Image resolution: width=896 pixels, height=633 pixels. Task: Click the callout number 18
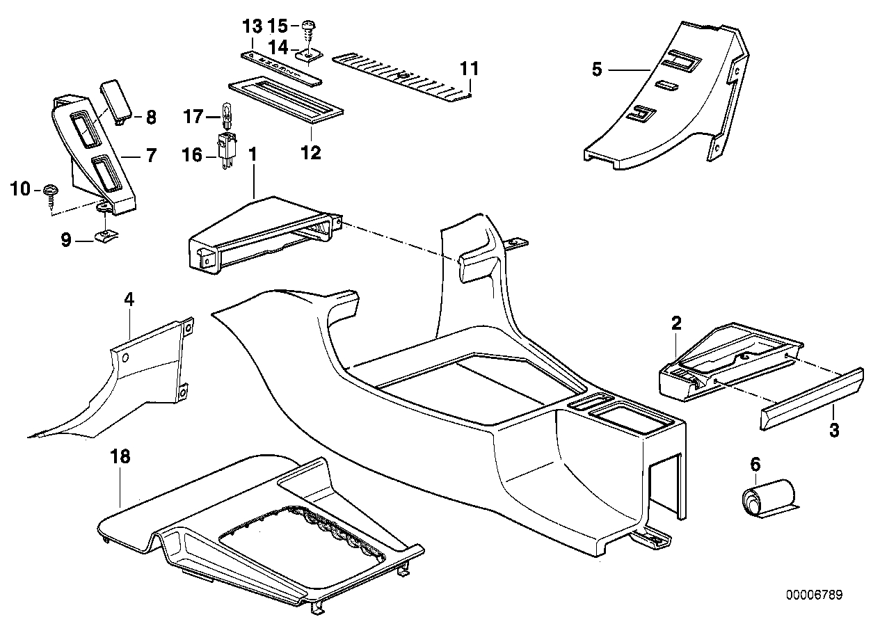[x=120, y=457]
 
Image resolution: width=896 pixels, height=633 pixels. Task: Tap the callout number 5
[x=596, y=70]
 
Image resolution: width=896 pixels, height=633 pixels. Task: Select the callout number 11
[x=470, y=69]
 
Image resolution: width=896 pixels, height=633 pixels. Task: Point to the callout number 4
[x=129, y=300]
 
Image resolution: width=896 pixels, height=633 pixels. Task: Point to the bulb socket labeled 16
[x=227, y=147]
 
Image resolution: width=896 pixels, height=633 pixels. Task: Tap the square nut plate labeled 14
[x=307, y=54]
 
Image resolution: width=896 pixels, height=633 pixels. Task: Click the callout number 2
[x=675, y=323]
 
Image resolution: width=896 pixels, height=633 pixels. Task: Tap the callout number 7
[x=151, y=155]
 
